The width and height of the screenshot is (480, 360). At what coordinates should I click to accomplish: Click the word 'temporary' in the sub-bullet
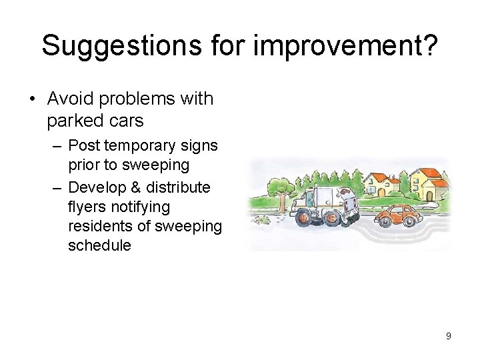tap(145, 145)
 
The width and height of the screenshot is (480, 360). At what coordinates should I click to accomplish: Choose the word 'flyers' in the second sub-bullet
tap(87, 207)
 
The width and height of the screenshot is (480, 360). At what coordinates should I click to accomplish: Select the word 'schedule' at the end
tap(99, 245)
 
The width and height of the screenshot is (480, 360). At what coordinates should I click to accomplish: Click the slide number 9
tap(449, 336)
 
